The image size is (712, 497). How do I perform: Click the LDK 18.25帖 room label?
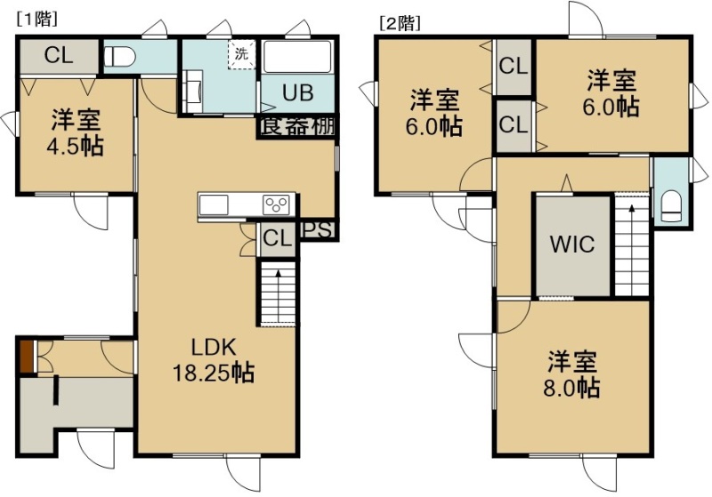[214, 360]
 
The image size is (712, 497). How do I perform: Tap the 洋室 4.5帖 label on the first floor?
[76, 132]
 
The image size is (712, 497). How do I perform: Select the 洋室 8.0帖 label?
[571, 374]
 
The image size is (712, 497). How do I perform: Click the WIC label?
[572, 244]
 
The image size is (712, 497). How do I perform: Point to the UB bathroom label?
[298, 92]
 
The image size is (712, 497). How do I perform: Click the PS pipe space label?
[318, 230]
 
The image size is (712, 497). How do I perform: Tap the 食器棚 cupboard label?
[298, 126]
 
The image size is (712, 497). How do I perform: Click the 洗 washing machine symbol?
[241, 54]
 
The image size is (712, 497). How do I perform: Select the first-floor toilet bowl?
[120, 57]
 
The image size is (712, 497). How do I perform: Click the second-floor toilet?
[672, 206]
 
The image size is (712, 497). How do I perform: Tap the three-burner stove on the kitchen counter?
[277, 204]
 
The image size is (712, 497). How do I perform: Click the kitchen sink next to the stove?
[214, 204]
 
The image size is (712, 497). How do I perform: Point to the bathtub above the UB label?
[298, 57]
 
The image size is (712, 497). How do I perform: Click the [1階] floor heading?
[36, 20]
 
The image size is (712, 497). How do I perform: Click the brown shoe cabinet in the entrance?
[27, 357]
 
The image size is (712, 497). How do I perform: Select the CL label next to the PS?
[277, 237]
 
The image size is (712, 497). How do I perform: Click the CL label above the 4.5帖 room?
[59, 56]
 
